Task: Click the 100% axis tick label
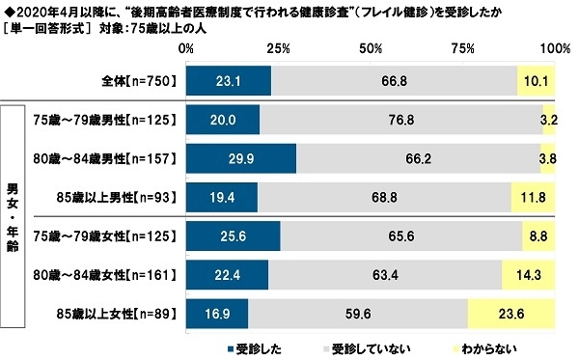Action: [555, 48]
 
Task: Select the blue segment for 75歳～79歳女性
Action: [233, 235]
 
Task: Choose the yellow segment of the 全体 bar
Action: [537, 82]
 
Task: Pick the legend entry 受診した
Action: [254, 346]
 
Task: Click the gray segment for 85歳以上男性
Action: [385, 196]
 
